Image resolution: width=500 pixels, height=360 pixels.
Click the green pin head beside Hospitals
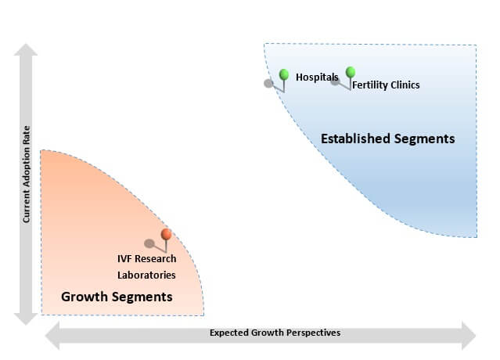(x=284, y=74)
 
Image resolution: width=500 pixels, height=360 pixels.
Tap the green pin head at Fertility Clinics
(x=350, y=72)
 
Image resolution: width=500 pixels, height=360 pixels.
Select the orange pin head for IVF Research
(x=166, y=234)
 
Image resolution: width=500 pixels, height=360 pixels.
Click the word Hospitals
(x=317, y=77)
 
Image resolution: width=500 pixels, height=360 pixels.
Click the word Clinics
(x=405, y=85)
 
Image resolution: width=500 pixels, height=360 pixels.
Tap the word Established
(x=355, y=139)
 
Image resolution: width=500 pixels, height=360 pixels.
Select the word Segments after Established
(x=424, y=139)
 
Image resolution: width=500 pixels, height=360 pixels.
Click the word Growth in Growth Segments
(x=85, y=297)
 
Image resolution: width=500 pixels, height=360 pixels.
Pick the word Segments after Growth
(x=142, y=297)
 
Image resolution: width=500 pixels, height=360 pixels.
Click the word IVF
(x=124, y=258)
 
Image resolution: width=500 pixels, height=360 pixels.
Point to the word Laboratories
(x=146, y=275)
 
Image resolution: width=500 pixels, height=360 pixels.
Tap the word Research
(x=155, y=258)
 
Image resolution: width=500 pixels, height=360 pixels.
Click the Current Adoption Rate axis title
(x=26, y=174)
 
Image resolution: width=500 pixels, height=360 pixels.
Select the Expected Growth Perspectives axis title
(x=275, y=333)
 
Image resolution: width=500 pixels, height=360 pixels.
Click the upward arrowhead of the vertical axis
(x=26, y=49)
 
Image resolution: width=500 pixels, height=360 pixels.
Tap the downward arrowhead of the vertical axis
(x=26, y=319)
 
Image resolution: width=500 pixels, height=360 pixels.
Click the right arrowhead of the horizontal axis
(x=469, y=336)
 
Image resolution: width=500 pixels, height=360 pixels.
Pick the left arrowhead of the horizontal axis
(x=52, y=336)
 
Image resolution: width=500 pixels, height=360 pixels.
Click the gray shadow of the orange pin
(x=149, y=243)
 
